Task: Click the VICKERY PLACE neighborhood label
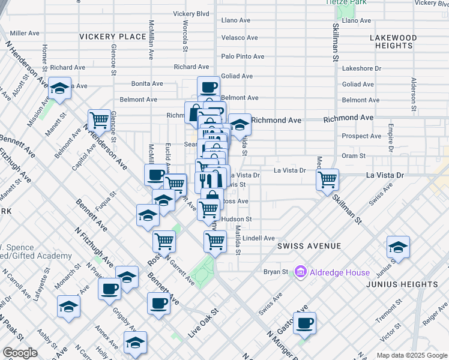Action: (x=113, y=37)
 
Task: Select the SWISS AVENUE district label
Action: (x=309, y=246)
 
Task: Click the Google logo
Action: (x=20, y=353)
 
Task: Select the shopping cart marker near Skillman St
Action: (x=328, y=179)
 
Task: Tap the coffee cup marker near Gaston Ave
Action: (x=305, y=323)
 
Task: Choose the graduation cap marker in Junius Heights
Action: (x=398, y=246)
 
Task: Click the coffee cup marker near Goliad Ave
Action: (x=208, y=87)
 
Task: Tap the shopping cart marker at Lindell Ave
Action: (x=215, y=241)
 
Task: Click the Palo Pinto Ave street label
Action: (x=243, y=56)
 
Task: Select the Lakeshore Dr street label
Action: (x=361, y=68)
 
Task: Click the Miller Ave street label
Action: (x=25, y=33)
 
